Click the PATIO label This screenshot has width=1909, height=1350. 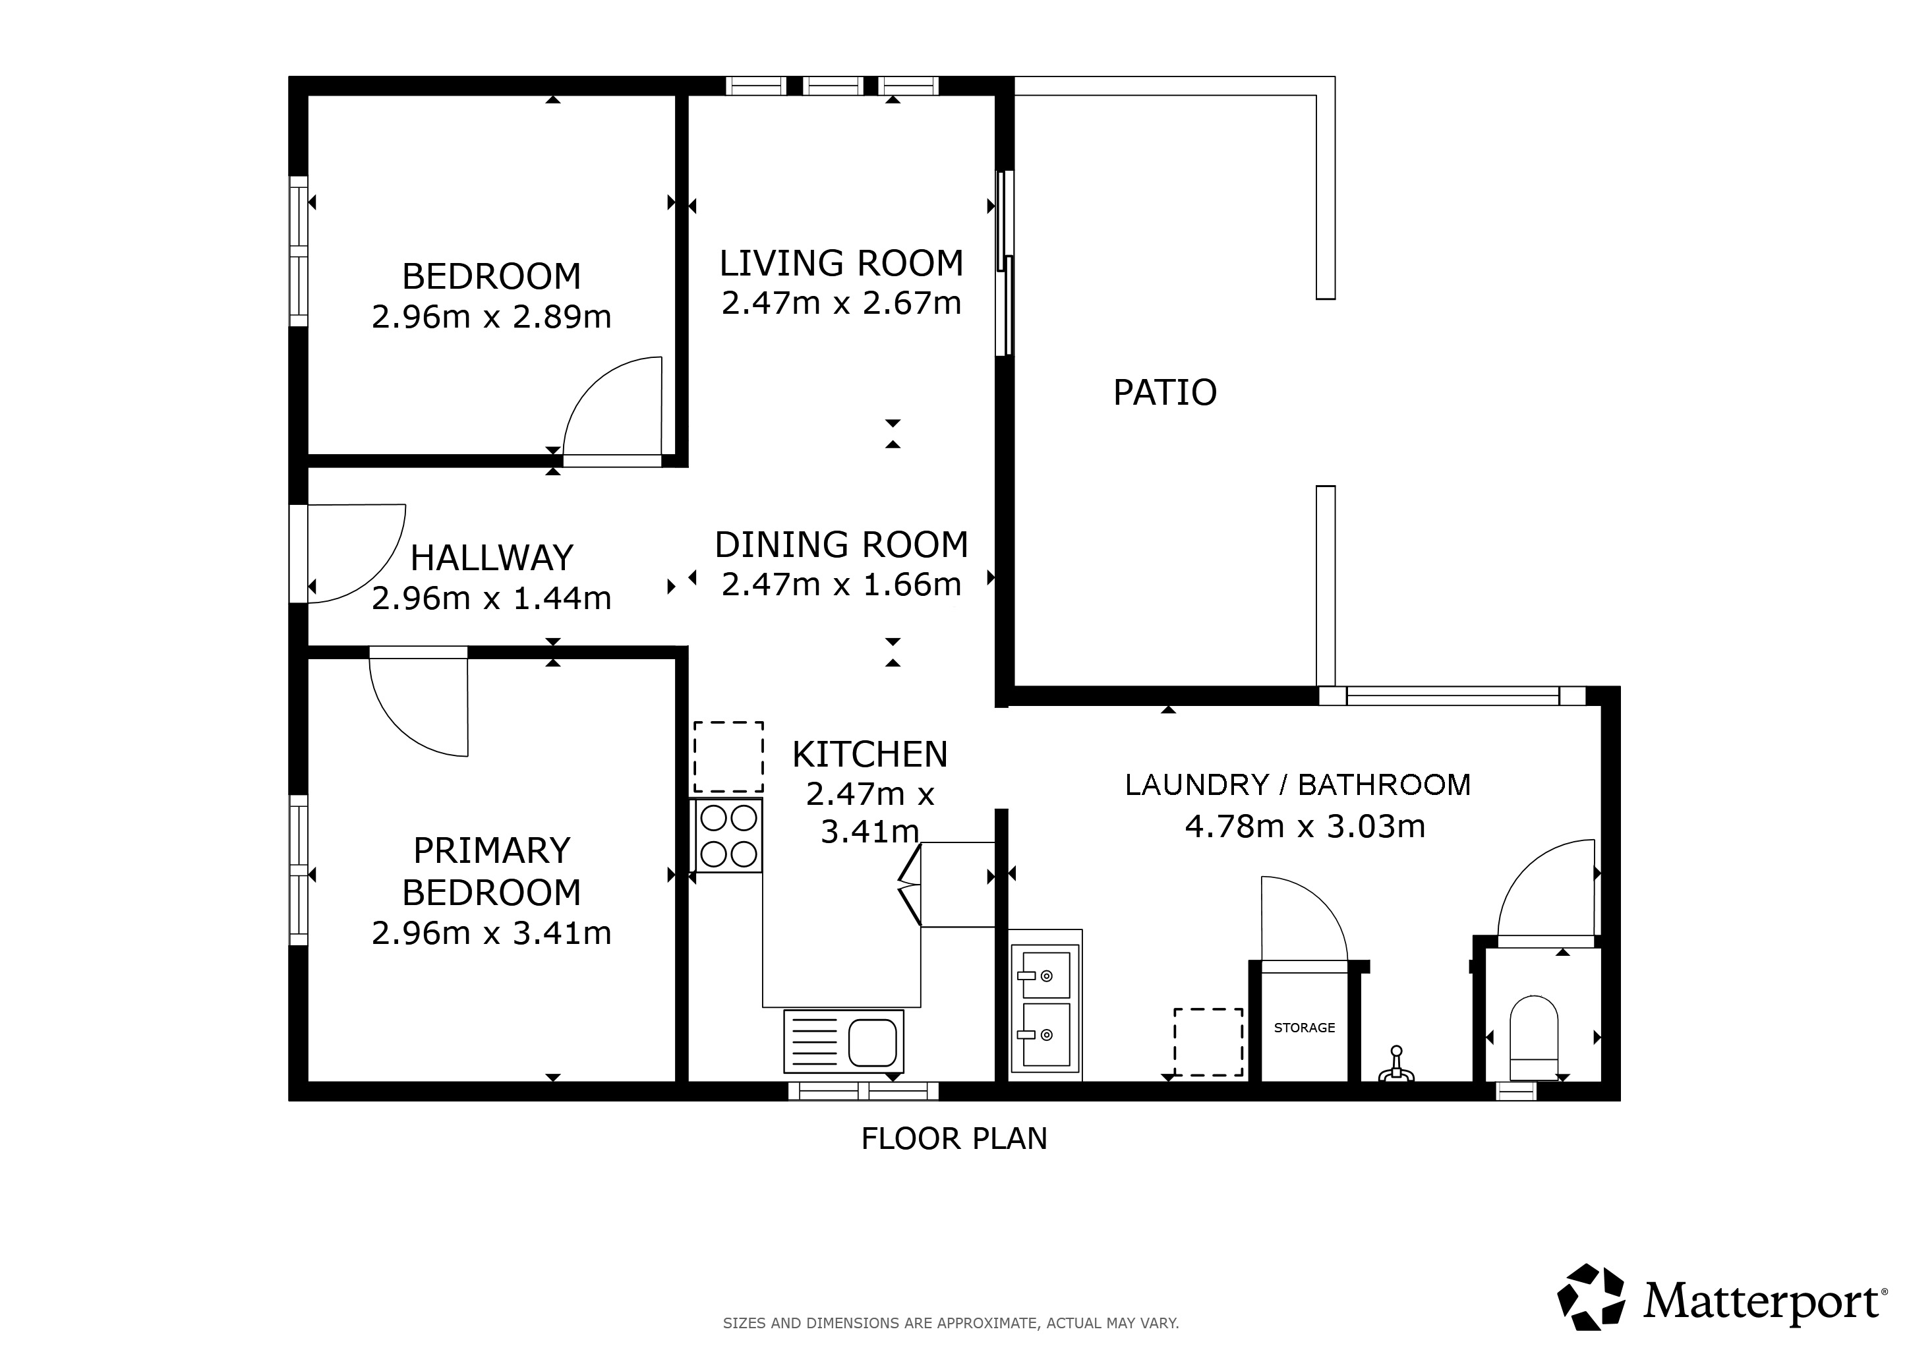1164,392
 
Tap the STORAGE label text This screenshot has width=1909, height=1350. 1304,1028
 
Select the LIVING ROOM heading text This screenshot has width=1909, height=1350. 840,264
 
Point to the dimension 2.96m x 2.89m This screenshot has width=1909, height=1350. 491,316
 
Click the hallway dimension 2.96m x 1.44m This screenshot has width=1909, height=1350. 491,599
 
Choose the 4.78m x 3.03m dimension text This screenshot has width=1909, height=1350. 1305,827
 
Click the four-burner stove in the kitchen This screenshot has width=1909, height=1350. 728,835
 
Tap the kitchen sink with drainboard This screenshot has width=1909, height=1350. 843,1041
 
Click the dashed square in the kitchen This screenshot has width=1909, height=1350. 728,757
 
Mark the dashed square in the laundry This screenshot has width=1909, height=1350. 1208,1042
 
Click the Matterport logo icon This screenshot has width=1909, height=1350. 1591,1297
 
